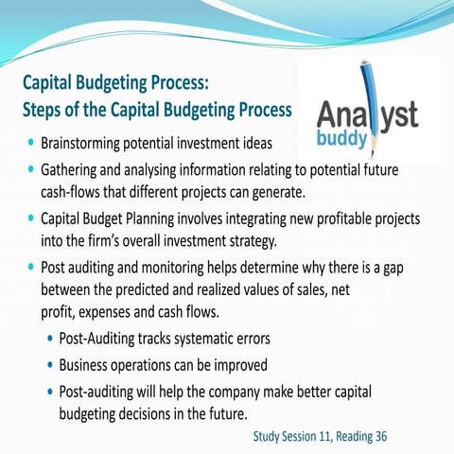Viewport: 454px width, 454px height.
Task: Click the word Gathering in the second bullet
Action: pyautogui.click(x=74, y=172)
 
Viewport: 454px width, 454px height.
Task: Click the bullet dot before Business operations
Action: pyautogui.click(x=48, y=365)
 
